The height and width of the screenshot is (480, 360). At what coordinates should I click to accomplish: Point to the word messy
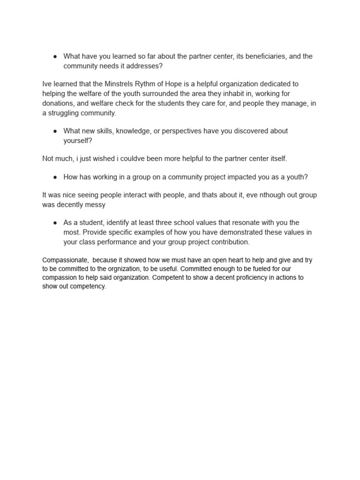coord(96,204)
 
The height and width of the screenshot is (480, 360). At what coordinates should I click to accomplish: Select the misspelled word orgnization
coord(120,269)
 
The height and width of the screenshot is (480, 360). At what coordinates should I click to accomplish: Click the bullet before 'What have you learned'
coord(55,56)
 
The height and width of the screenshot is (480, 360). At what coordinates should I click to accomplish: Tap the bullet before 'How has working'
coord(55,177)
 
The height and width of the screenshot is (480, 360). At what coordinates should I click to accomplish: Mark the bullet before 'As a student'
coord(55,223)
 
